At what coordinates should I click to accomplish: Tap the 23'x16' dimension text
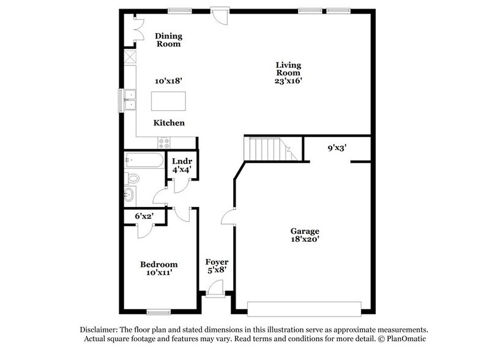[x=289, y=80]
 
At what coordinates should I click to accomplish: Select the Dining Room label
[x=168, y=40]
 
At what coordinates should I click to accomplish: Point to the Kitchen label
[x=169, y=123]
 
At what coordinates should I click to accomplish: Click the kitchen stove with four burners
[x=165, y=143]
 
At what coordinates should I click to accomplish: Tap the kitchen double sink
[x=130, y=100]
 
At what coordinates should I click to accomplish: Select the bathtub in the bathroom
[x=143, y=161]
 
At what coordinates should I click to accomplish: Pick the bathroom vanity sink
[x=130, y=195]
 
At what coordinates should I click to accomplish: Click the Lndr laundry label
[x=182, y=162]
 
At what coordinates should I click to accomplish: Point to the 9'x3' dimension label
[x=338, y=148]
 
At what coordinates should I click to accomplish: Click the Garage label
[x=305, y=231]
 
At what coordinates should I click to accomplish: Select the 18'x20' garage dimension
[x=305, y=240]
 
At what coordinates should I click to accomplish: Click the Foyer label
[x=217, y=262]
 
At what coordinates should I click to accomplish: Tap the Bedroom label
[x=159, y=264]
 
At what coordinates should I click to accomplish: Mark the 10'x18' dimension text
[x=169, y=80]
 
